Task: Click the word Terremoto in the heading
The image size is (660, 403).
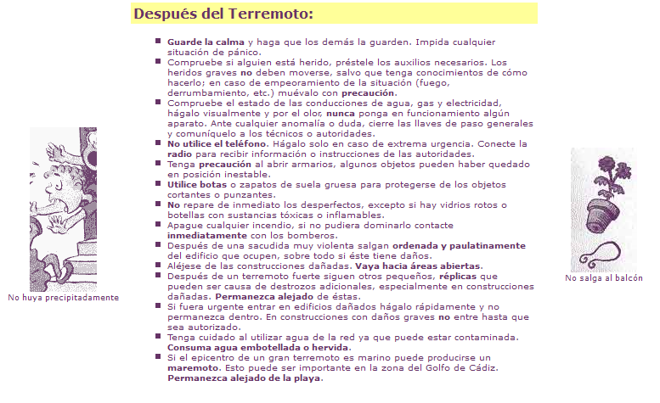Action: point(272,14)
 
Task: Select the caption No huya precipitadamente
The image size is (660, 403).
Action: point(63,298)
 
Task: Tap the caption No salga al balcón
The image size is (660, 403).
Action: point(604,278)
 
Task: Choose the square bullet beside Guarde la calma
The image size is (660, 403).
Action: point(158,41)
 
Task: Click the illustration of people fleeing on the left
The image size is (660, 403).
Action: point(63,209)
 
